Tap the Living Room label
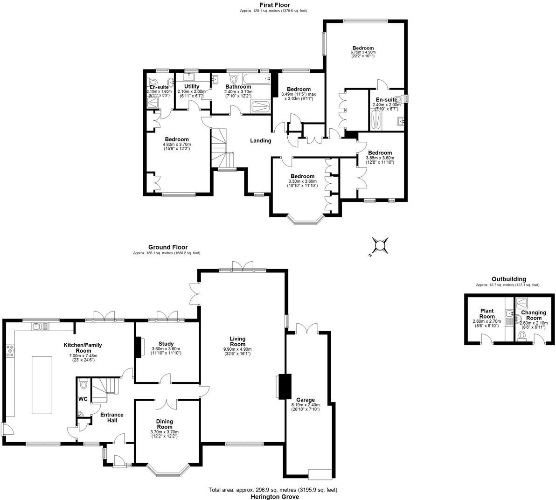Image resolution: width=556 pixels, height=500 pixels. click(237, 341)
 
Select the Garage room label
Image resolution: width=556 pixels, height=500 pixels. click(306, 400)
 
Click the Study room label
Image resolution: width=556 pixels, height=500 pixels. click(166, 344)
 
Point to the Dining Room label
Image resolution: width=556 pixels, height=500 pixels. click(164, 424)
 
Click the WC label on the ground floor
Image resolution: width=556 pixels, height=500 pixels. click(83, 399)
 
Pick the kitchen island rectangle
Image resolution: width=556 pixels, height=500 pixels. click(44, 384)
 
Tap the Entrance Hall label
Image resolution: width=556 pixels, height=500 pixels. click(112, 417)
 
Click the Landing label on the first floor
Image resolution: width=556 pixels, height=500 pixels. click(260, 140)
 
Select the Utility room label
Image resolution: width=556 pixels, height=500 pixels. click(192, 87)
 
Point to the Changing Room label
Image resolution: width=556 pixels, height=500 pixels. click(534, 315)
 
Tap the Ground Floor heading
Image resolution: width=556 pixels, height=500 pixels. click(168, 247)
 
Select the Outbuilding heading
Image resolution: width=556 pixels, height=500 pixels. click(508, 279)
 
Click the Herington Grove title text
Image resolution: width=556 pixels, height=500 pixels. click(273, 497)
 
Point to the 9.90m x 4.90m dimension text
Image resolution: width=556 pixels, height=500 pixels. click(237, 349)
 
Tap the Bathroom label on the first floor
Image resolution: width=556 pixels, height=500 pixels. click(238, 87)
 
